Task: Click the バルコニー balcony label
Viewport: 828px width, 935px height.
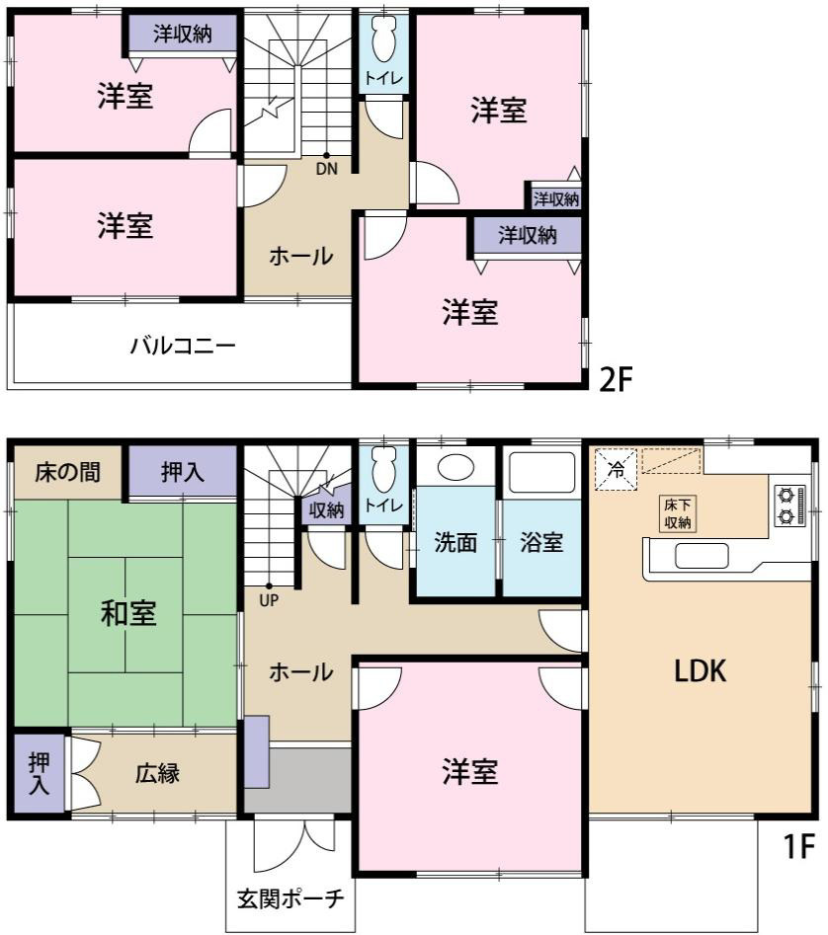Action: [x=183, y=347]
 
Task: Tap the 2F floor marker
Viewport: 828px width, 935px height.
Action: [x=615, y=379]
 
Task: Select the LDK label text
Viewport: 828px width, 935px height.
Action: [x=701, y=672]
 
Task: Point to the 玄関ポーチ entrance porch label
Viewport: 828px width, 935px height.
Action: [x=290, y=899]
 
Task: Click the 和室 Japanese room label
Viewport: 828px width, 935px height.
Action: [x=128, y=614]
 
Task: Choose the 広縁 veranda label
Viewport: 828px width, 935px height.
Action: [x=156, y=773]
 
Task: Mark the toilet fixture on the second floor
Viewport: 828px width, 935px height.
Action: [x=382, y=40]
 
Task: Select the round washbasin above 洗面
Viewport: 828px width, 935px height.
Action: [x=455, y=468]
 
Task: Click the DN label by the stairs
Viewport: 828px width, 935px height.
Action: [x=327, y=168]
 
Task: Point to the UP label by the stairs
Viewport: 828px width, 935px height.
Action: [x=269, y=598]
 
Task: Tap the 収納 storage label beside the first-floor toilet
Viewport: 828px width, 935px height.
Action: [x=325, y=509]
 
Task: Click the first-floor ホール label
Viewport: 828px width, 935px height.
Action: [x=300, y=673]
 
